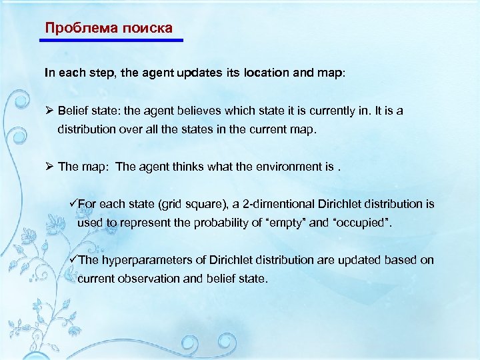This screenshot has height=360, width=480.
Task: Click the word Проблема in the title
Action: point(75,28)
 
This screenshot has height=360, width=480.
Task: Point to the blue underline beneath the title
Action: point(111,41)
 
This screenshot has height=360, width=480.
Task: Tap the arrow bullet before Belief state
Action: point(49,111)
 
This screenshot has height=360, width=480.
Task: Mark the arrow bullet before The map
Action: point(49,167)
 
